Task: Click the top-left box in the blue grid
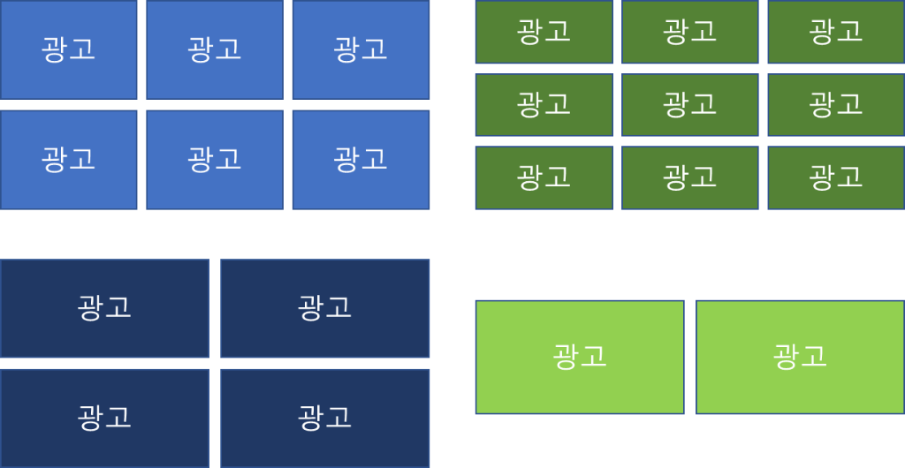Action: click(69, 49)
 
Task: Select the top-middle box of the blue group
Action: click(215, 49)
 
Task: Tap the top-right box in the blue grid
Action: click(361, 49)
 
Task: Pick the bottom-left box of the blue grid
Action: click(69, 160)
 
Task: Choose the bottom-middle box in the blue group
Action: click(215, 160)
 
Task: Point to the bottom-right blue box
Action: click(361, 160)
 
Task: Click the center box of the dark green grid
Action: click(690, 105)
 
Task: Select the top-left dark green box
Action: click(544, 32)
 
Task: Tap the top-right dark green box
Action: click(836, 32)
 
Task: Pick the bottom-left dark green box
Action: click(544, 177)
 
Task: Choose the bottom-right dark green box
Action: click(836, 177)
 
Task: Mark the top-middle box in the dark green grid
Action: click(690, 32)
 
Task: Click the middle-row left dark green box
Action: click(544, 105)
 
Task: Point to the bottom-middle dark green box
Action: click(690, 177)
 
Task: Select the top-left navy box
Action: click(104, 308)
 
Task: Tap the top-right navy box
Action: click(325, 308)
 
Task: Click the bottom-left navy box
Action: click(104, 418)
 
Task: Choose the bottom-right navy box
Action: click(325, 418)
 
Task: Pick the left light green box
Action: click(580, 357)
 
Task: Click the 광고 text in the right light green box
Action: click(800, 357)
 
